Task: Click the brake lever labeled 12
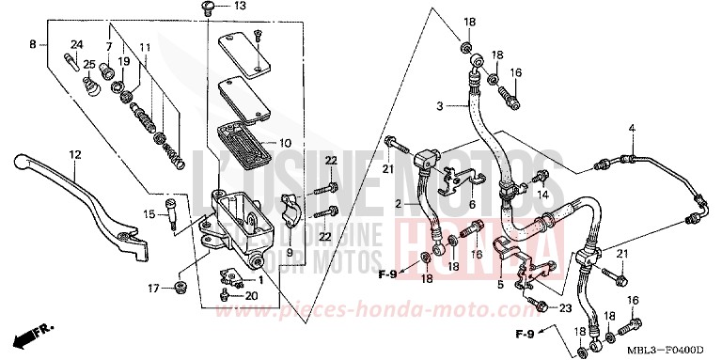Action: pos(89,197)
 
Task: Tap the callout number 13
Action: pos(240,7)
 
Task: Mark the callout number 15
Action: pos(149,214)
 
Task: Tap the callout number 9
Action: pos(290,252)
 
